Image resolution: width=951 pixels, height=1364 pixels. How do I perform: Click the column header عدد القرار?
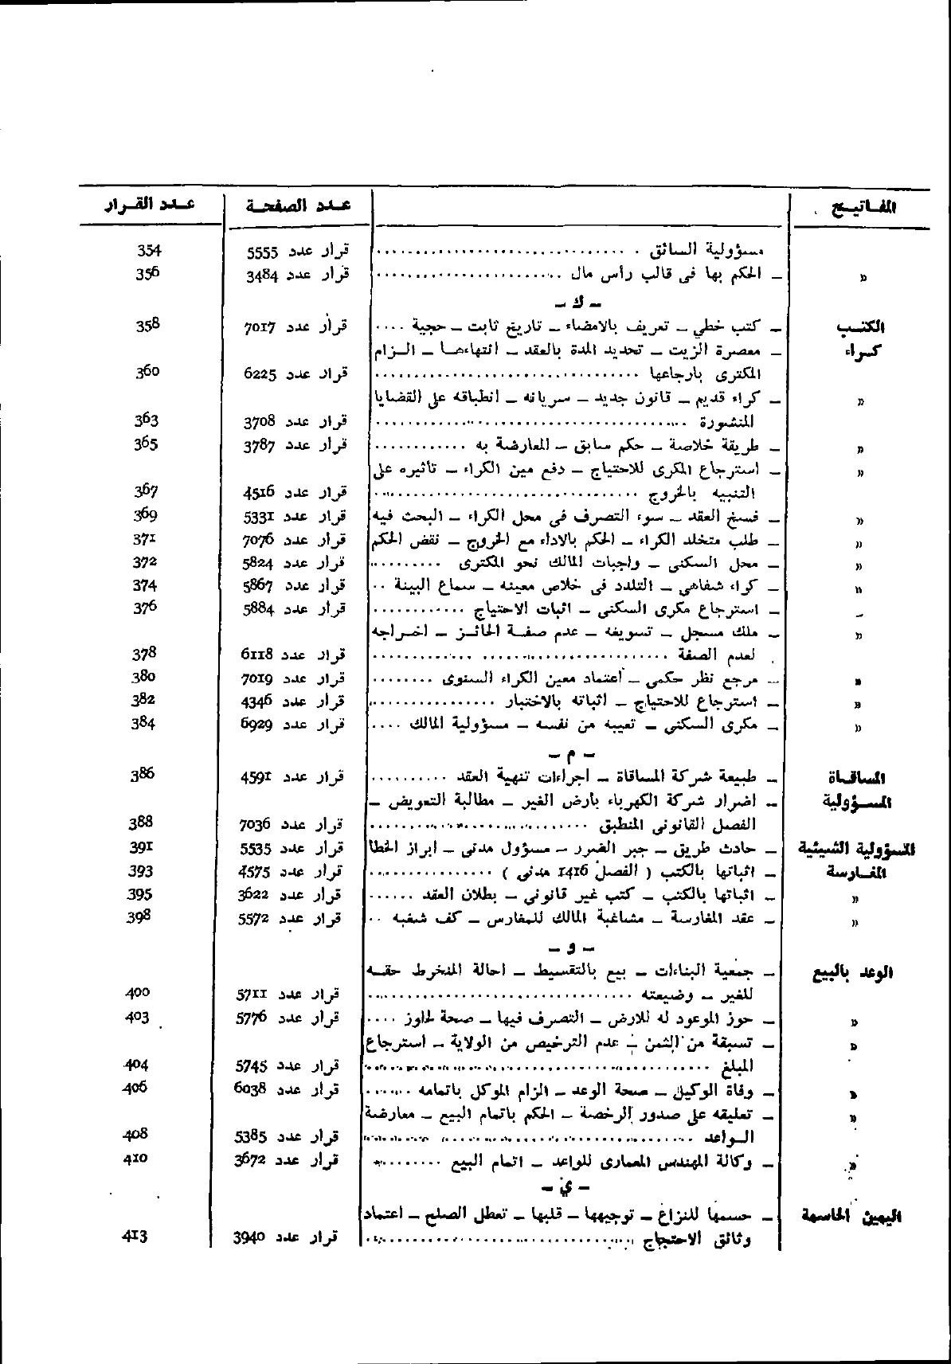151,205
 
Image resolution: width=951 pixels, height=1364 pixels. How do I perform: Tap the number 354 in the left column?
149,250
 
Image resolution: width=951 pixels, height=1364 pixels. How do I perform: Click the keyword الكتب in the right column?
863,327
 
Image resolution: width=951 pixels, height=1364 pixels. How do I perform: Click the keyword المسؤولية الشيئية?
856,850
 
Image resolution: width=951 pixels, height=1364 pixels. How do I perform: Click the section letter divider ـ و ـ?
564,948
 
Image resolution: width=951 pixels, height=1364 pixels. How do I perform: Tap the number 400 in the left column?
138,993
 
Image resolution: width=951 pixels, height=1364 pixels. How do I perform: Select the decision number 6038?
255,1089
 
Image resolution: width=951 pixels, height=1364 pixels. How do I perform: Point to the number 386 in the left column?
142,774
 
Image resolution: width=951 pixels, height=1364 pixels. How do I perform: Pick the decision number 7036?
256,824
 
